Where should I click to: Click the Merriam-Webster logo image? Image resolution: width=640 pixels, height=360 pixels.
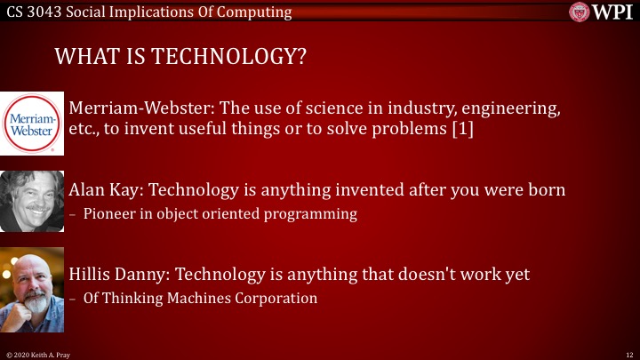[x=32, y=123]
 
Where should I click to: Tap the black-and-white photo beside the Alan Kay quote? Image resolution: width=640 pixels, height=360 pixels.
[x=32, y=202]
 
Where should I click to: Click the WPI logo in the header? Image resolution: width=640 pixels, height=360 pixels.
[x=602, y=12]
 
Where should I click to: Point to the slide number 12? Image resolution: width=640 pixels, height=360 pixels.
[x=628, y=354]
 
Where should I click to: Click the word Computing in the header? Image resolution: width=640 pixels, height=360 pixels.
[x=258, y=12]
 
